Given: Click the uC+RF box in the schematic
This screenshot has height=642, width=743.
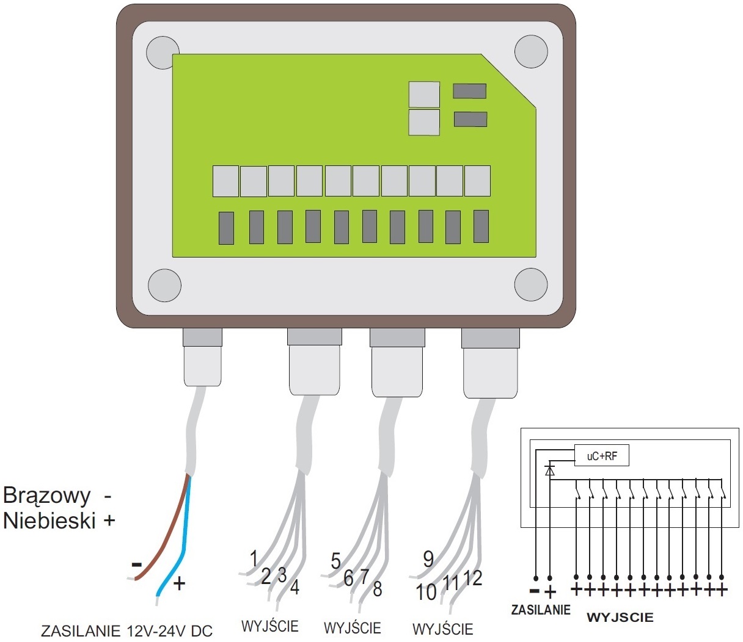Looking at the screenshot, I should pyautogui.click(x=602, y=456).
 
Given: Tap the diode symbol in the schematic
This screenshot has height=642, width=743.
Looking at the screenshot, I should pyautogui.click(x=549, y=471).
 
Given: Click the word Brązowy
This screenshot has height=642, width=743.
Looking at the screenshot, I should pyautogui.click(x=46, y=496).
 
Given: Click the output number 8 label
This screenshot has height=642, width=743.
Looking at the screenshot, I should pyautogui.click(x=377, y=589).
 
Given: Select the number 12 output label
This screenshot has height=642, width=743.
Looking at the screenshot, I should pyautogui.click(x=472, y=577).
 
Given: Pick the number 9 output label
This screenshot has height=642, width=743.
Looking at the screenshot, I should pyautogui.click(x=428, y=558).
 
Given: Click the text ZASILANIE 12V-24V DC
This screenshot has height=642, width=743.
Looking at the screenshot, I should pyautogui.click(x=126, y=630).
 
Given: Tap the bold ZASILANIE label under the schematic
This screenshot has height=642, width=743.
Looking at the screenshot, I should pyautogui.click(x=541, y=609).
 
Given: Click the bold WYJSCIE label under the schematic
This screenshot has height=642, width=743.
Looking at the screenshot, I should pyautogui.click(x=620, y=617).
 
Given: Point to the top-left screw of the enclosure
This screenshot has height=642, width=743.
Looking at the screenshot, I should pyautogui.click(x=164, y=52).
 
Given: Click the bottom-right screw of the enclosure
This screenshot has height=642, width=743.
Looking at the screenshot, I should pyautogui.click(x=530, y=284).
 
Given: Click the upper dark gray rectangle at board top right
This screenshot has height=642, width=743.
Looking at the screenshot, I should pyautogui.click(x=469, y=91).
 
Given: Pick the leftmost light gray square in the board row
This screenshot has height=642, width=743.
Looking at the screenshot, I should pyautogui.click(x=225, y=181).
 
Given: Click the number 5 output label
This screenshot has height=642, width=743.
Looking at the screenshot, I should pyautogui.click(x=335, y=561).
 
